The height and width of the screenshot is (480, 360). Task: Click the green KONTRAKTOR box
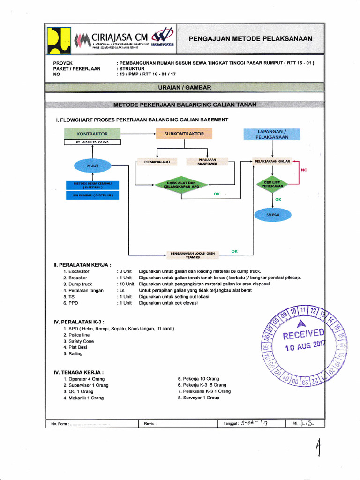tap(92, 134)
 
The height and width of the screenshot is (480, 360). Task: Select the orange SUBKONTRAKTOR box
tap(184, 134)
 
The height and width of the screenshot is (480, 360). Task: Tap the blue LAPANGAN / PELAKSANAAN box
tap(272, 134)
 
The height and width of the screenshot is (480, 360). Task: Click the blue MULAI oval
tap(93, 165)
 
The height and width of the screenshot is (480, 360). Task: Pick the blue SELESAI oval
tap(273, 215)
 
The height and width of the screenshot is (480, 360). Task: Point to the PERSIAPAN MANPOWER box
tap(207, 162)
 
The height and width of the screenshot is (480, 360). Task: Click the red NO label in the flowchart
tap(304, 170)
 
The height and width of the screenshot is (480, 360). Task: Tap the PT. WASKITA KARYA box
tap(92, 142)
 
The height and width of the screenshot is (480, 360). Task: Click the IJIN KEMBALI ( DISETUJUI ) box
tap(93, 195)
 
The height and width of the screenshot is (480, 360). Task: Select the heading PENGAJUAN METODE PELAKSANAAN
tap(250, 39)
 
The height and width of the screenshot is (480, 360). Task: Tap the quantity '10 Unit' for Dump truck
tap(126, 284)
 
